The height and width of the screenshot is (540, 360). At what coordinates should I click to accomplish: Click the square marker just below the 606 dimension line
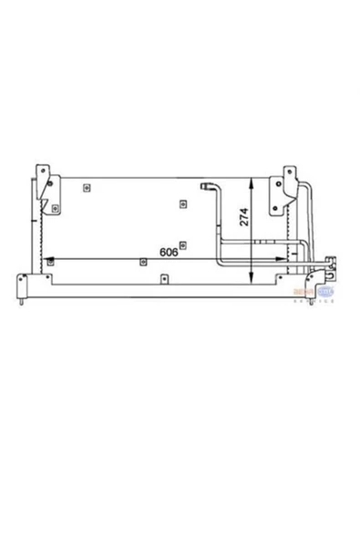143,263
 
